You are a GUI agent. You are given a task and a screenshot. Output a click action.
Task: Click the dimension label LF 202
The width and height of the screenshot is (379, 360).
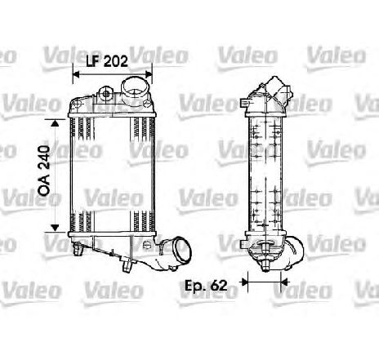[x=107, y=61]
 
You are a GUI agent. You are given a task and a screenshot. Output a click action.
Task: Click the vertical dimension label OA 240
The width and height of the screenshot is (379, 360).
[x=44, y=171]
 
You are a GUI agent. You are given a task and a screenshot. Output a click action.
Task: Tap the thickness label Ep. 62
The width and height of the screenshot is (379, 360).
[x=206, y=286]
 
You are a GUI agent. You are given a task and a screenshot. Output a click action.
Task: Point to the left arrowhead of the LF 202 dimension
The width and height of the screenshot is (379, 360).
[x=76, y=74]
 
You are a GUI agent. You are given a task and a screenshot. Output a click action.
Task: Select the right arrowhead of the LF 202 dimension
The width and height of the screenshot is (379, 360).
[x=149, y=74]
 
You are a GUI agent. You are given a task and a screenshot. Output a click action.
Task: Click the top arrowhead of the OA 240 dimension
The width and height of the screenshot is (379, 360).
[x=56, y=122]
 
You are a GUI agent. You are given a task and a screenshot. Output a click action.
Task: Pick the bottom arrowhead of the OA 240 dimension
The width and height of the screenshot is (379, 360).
[x=56, y=228]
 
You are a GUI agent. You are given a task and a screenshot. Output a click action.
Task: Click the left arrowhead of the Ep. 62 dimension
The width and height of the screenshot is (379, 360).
[x=244, y=282]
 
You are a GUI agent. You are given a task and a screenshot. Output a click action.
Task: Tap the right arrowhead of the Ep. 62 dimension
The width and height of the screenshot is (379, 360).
[x=284, y=282]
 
